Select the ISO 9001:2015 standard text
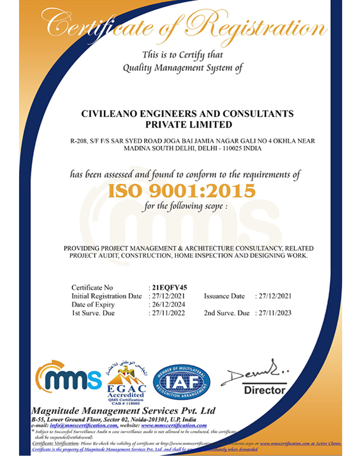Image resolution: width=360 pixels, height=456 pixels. pos(181,191)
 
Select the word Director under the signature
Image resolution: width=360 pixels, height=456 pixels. pos(264,390)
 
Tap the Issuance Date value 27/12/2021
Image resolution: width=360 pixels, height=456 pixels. pos(275,296)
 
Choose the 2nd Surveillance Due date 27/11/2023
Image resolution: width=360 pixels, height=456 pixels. pos(275,312)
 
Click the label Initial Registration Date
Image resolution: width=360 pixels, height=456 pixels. pos(106,296)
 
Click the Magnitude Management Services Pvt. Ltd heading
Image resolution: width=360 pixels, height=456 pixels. pos(124,411)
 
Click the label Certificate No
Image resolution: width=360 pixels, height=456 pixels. pos(92,287)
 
